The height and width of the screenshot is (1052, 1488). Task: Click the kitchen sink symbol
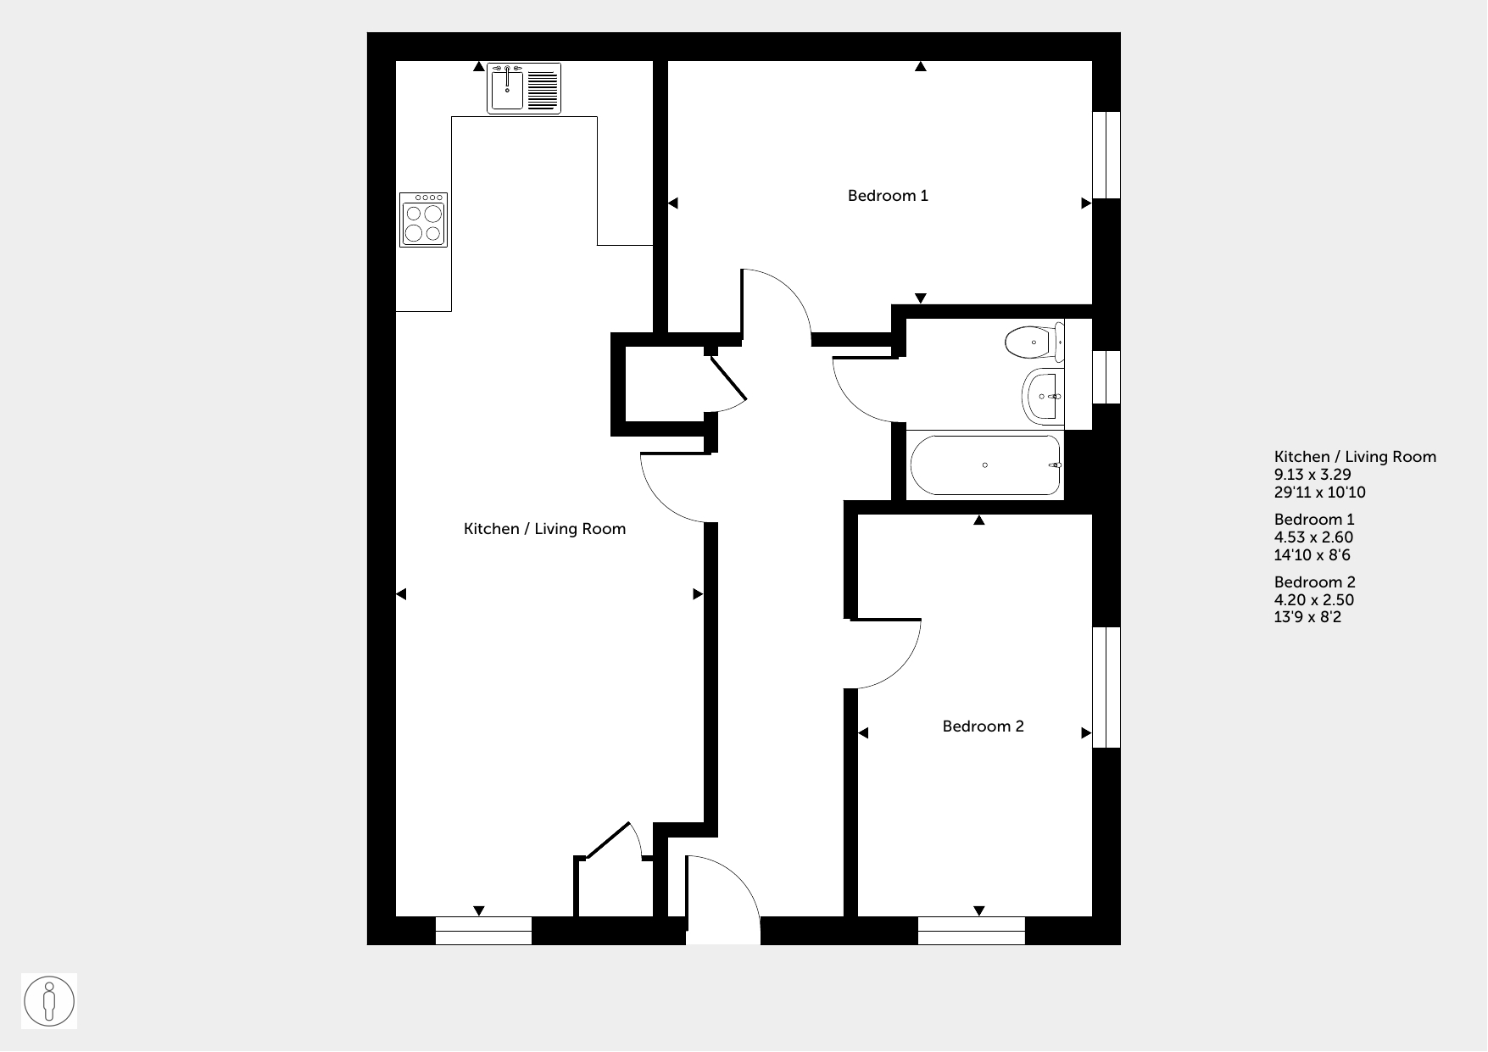pyautogui.click(x=524, y=89)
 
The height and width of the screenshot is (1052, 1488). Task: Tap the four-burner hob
pyautogui.click(x=423, y=220)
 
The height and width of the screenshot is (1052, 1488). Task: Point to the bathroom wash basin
pyautogui.click(x=1044, y=396)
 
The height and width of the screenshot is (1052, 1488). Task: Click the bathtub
pyautogui.click(x=985, y=465)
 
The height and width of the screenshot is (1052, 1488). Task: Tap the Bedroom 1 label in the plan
pyautogui.click(x=888, y=196)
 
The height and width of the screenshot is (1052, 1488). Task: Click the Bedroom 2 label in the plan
pyautogui.click(x=984, y=726)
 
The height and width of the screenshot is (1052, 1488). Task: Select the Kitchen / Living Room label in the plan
pyautogui.click(x=544, y=529)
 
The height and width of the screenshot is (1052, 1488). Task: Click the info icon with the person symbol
pyautogui.click(x=49, y=1001)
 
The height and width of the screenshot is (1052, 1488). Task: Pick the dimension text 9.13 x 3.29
pyautogui.click(x=1312, y=475)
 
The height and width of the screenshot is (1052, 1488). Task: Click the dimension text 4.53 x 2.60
pyautogui.click(x=1313, y=537)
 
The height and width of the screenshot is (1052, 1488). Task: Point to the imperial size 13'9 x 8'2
pyautogui.click(x=1308, y=617)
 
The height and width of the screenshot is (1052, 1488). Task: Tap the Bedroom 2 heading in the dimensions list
pyautogui.click(x=1315, y=582)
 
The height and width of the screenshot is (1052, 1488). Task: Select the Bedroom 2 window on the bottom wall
pyautogui.click(x=972, y=931)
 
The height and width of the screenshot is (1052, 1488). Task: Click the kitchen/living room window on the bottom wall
pyautogui.click(x=483, y=931)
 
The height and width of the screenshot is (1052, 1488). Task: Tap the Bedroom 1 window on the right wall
pyautogui.click(x=1106, y=155)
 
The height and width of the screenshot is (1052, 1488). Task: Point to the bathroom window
pyautogui.click(x=1106, y=377)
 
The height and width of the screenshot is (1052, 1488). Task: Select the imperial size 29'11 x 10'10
pyautogui.click(x=1320, y=493)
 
